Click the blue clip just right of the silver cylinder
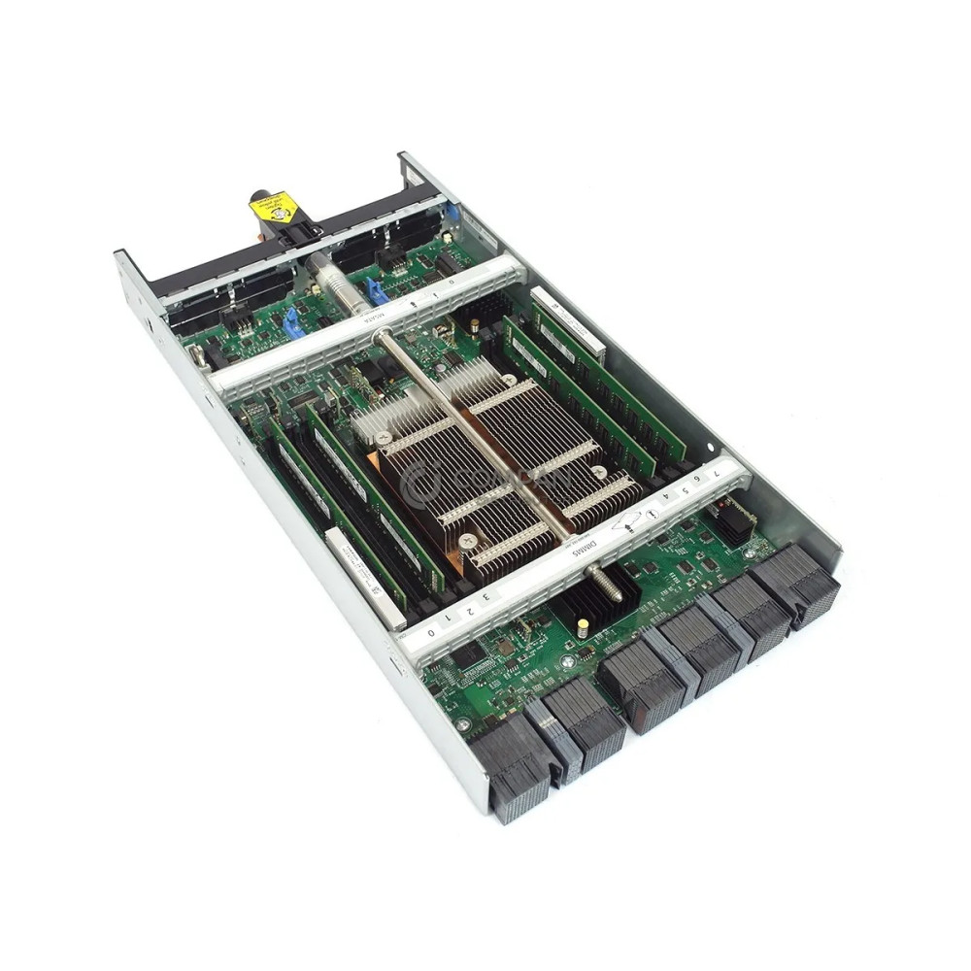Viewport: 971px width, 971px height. (x=374, y=289)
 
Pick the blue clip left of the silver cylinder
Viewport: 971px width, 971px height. (x=292, y=322)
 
